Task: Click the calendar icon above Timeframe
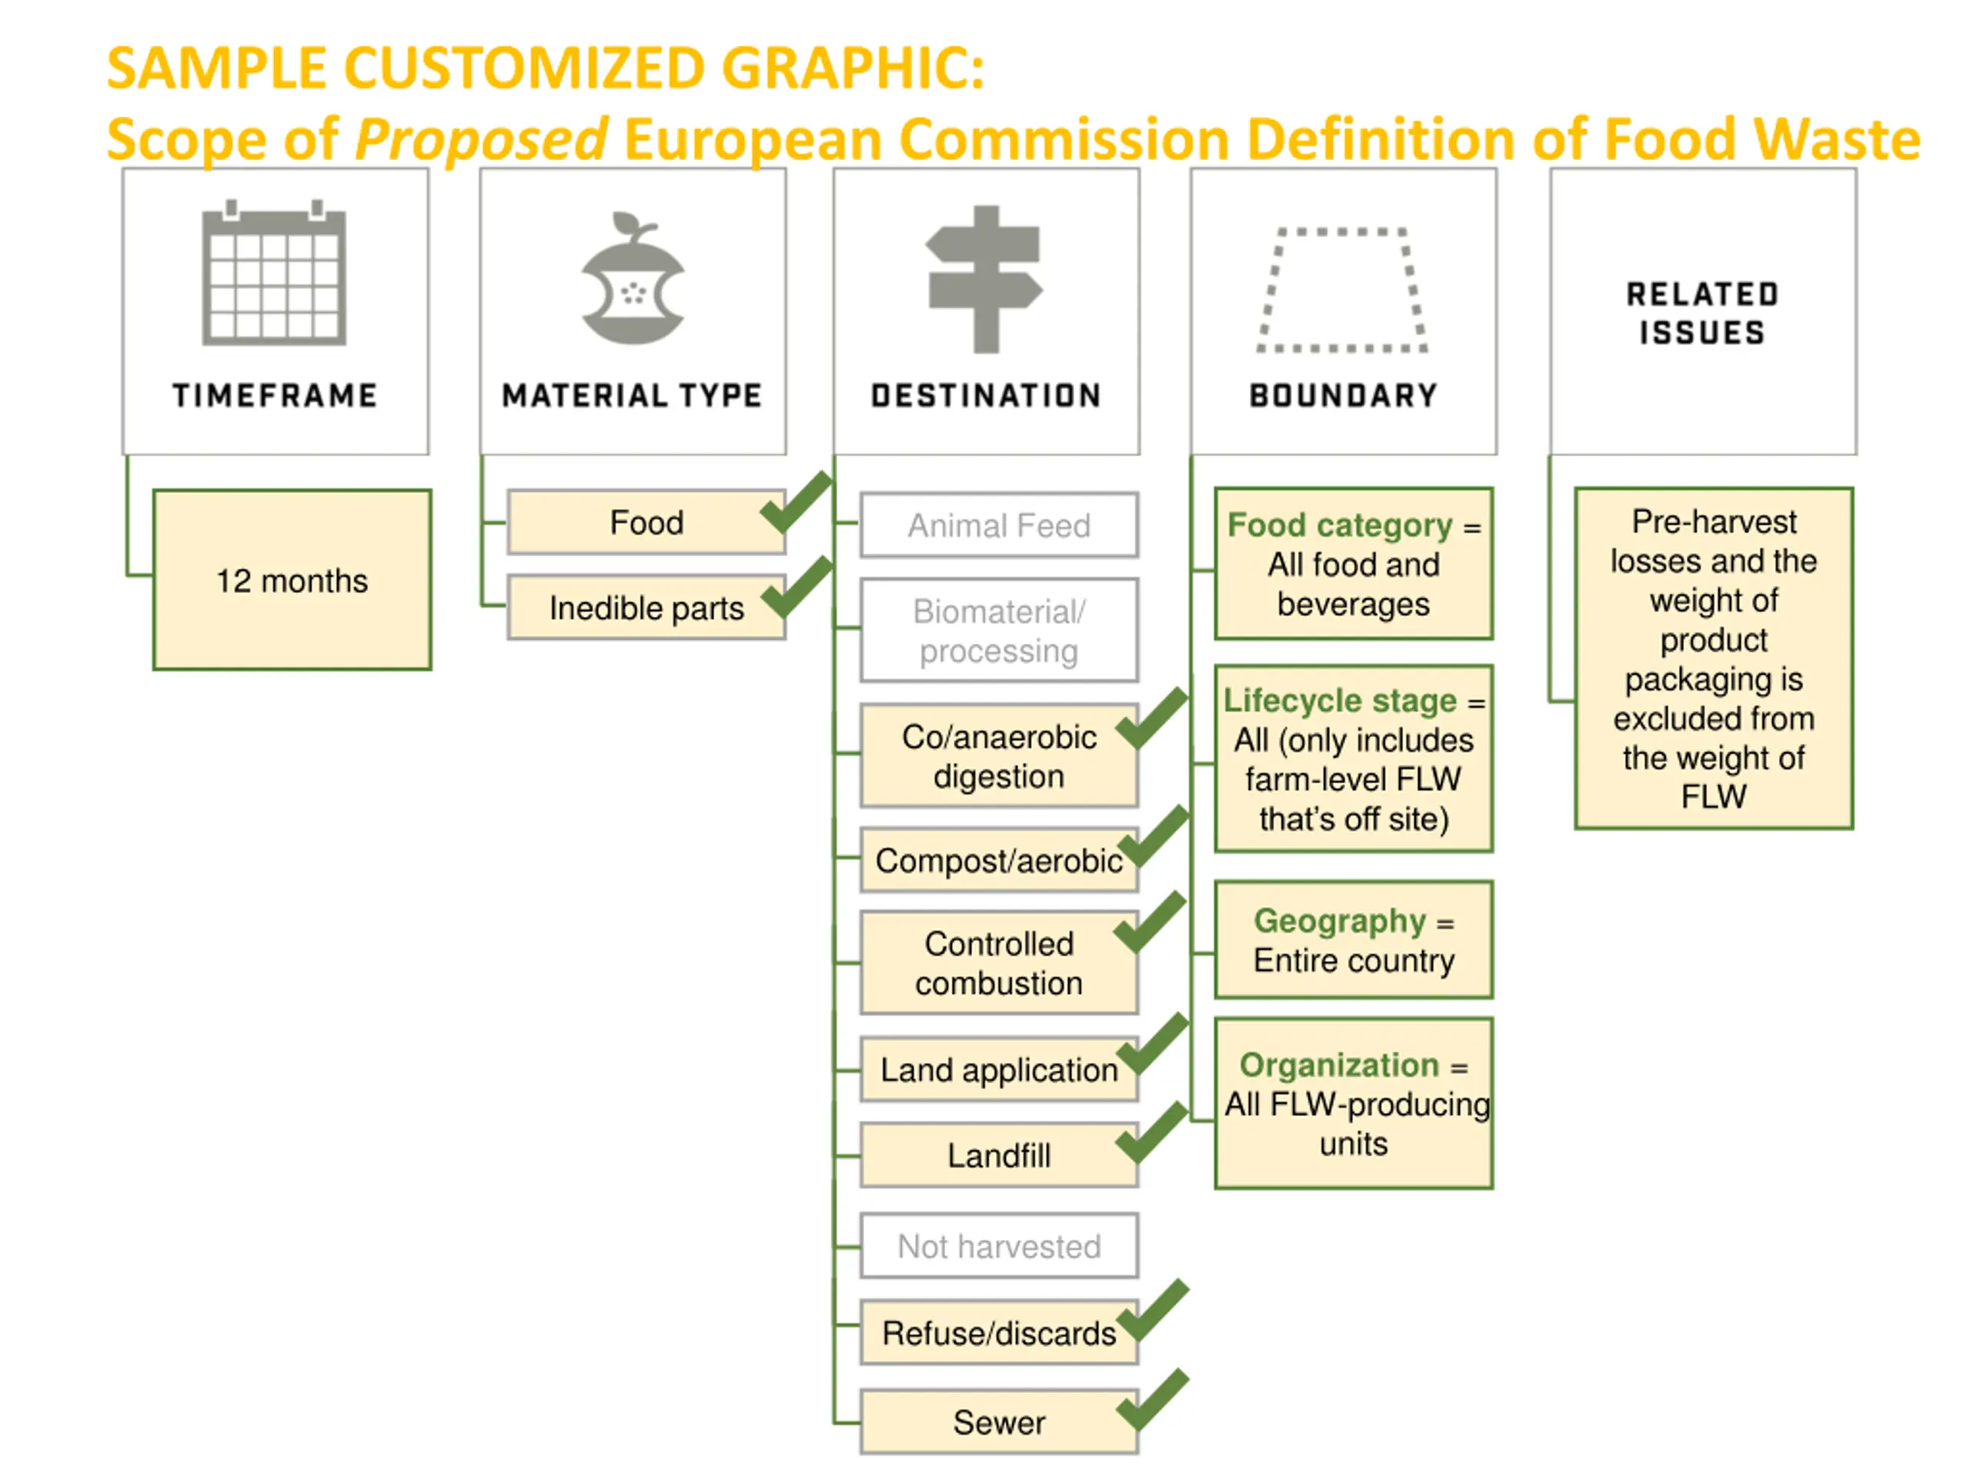pyautogui.click(x=274, y=275)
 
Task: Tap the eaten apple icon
pyautogui.click(x=633, y=281)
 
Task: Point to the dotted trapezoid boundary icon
pyautogui.click(x=1342, y=290)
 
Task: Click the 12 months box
pyautogui.click(x=292, y=579)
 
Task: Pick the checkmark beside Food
pyautogui.click(x=795, y=503)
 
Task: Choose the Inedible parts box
pyautogui.click(x=646, y=608)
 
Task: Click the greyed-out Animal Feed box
pyautogui.click(x=998, y=525)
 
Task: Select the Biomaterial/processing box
pyautogui.click(x=998, y=630)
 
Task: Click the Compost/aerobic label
pyautogui.click(x=998, y=861)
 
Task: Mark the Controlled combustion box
pyautogui.click(x=998, y=963)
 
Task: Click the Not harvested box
pyautogui.click(x=998, y=1246)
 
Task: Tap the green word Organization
pyautogui.click(x=1338, y=1065)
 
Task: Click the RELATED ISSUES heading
pyautogui.click(x=1702, y=313)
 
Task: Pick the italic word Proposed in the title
pyautogui.click(x=481, y=140)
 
